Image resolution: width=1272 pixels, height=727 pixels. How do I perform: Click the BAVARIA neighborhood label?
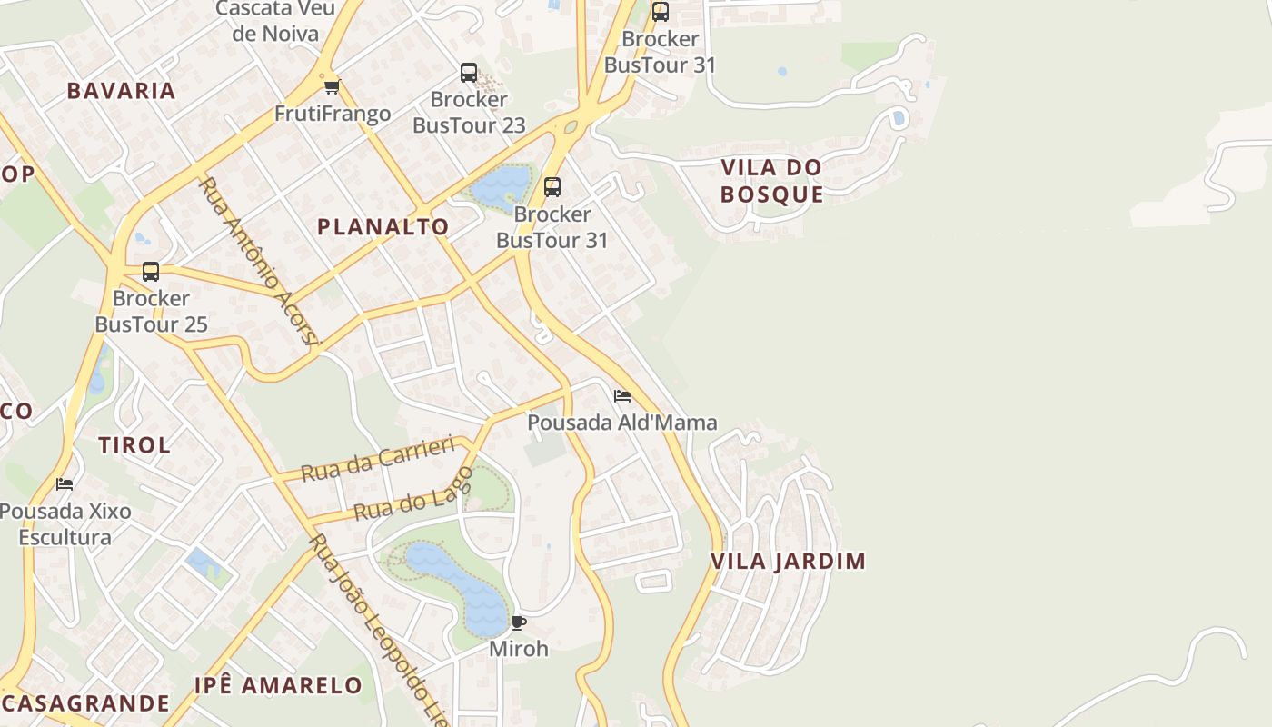click(121, 90)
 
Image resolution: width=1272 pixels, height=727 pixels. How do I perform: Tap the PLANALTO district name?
click(383, 227)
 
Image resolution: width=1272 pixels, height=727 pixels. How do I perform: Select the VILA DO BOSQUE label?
click(772, 181)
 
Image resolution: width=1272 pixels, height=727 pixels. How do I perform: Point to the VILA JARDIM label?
click(788, 561)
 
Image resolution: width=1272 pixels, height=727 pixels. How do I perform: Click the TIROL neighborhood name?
click(134, 445)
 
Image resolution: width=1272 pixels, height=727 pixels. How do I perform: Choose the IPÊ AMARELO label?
click(278, 685)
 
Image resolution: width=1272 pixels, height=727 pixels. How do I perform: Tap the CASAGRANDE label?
click(85, 703)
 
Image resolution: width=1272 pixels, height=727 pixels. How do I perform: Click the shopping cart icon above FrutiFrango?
click(332, 87)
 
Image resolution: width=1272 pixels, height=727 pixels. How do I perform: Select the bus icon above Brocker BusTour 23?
click(469, 73)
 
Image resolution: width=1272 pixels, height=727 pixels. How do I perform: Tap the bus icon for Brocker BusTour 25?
click(151, 272)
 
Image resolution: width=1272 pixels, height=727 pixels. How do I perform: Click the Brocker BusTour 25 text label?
click(151, 311)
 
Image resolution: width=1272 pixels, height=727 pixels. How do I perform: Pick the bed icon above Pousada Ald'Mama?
click(622, 395)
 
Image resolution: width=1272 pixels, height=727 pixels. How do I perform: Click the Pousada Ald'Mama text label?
click(622, 423)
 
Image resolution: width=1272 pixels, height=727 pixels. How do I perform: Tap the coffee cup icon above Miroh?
click(519, 622)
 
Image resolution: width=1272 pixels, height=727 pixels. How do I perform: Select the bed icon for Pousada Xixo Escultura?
click(65, 483)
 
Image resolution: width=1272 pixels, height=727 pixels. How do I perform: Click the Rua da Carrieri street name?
click(377, 459)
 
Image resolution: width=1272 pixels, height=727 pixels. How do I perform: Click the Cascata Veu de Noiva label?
click(275, 21)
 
